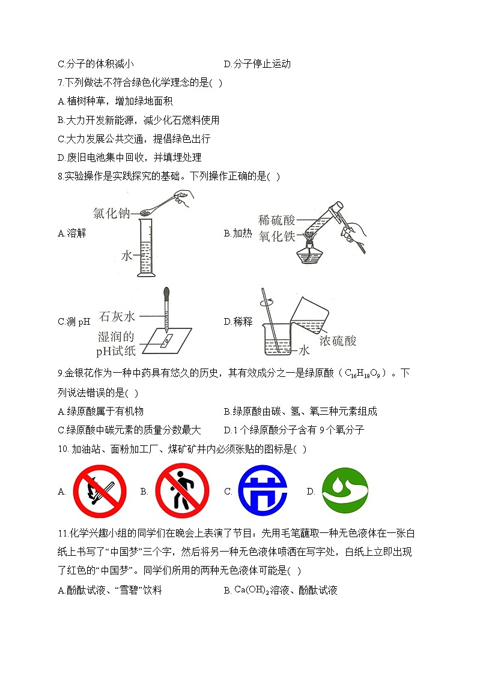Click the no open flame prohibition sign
click(100, 491)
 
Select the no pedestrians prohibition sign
click(182, 491)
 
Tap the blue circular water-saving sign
click(263, 491)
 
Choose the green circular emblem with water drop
click(345, 491)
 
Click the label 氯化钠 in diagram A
click(111, 213)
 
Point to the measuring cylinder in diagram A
click(145, 248)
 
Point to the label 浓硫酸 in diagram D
click(338, 341)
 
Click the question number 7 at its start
click(60, 83)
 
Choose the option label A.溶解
click(72, 233)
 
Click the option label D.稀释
click(238, 322)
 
